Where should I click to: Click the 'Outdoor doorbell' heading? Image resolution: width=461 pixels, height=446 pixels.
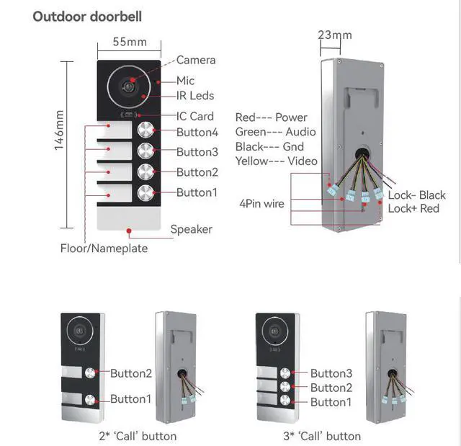[x=87, y=16]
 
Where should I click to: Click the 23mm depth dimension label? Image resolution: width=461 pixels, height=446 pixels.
[x=335, y=35]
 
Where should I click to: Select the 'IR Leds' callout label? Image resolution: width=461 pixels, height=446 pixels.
[x=195, y=96]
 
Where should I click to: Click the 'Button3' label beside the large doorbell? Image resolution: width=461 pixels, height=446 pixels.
[x=197, y=152]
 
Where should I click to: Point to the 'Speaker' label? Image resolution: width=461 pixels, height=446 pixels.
[x=191, y=229]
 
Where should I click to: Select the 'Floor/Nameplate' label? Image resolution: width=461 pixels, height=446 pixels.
[x=104, y=249]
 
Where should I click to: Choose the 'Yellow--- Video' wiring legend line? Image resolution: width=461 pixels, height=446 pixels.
[x=276, y=161]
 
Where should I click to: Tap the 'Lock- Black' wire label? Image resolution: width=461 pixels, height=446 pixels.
[x=417, y=195]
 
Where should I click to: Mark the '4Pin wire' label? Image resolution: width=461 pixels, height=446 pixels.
[x=261, y=204]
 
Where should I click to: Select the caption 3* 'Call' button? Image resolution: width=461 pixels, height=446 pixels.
[x=322, y=435]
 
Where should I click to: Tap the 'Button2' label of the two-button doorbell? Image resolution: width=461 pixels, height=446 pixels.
[x=131, y=373]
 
